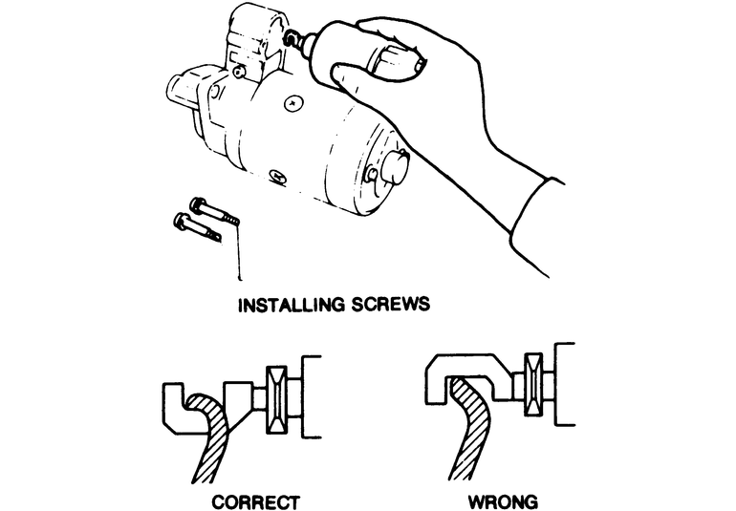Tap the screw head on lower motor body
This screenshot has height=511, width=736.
click(277, 175)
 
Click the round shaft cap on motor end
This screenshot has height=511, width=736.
click(395, 170)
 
